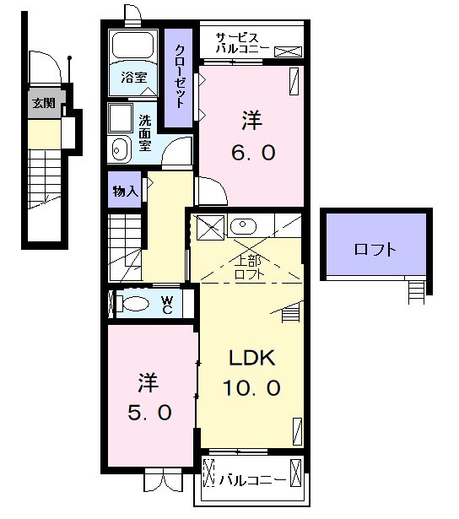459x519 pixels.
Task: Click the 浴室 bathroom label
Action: (x=133, y=78)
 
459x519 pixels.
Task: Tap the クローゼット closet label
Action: (x=181, y=74)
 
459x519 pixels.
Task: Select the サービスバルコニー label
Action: (x=242, y=43)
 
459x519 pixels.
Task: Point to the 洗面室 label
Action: (x=145, y=132)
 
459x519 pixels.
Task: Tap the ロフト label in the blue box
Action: (x=375, y=250)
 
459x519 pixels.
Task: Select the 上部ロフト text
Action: (x=247, y=268)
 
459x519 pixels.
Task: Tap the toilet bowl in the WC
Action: (x=135, y=303)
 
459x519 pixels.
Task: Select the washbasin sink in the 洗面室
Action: (x=119, y=150)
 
